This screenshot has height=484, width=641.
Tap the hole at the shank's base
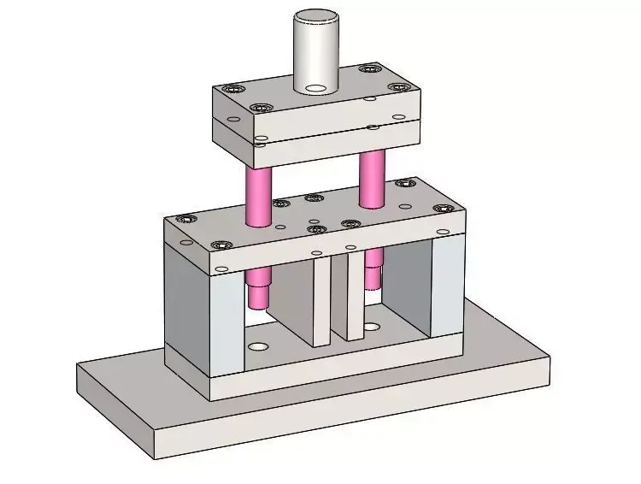tap(315, 88)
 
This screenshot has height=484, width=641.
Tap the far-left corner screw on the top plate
tap(228, 89)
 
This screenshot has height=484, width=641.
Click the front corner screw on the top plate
tap(260, 109)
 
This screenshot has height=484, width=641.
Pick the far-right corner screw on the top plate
tap(398, 87)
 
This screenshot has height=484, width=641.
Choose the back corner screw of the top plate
tap(369, 68)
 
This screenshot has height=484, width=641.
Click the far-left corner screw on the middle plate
tap(185, 219)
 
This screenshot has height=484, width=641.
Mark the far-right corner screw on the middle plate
tap(442, 209)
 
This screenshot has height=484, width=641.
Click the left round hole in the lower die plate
tap(257, 346)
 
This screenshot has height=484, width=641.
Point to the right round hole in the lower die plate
tap(372, 326)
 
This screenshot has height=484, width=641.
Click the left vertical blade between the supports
tap(320, 299)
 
